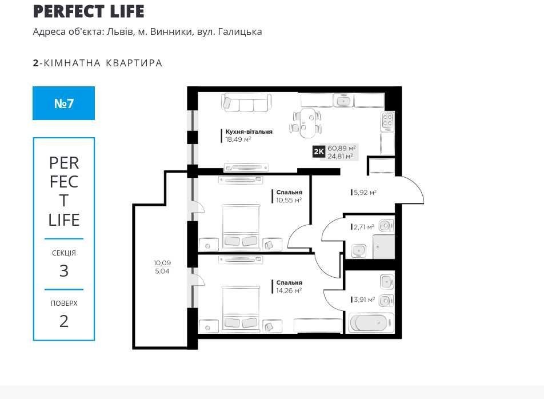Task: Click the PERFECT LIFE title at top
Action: coord(89,11)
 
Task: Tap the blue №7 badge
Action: coord(64,103)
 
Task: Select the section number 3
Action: coord(64,270)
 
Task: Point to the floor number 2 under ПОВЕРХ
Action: coord(64,321)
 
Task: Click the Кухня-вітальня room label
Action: coord(249,132)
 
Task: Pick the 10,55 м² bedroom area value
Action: coord(289,200)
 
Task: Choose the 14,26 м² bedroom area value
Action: coord(289,290)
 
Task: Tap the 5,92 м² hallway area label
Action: coord(365,192)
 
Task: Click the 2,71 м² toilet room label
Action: coord(363,227)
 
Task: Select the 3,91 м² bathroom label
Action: coord(364,300)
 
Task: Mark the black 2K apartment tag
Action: coord(318,151)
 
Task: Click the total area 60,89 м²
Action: coord(341,148)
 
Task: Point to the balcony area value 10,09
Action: coord(162,263)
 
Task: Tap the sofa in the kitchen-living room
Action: coord(246,102)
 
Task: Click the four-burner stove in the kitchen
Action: coord(387,121)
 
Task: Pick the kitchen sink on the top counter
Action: coord(343,100)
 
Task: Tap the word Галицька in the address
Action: coord(240,32)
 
